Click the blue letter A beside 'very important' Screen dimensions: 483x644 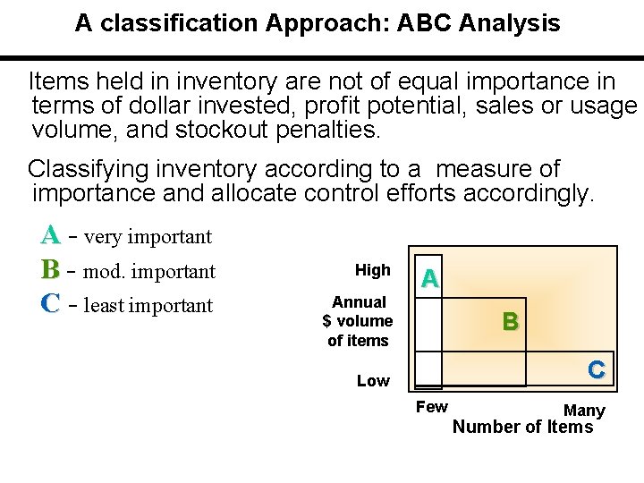pyautogui.click(x=50, y=236)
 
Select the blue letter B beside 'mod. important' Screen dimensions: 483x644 pyautogui.click(x=50, y=270)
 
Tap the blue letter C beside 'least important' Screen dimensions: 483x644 pyautogui.click(x=50, y=304)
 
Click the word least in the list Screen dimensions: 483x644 pyautogui.click(x=105, y=305)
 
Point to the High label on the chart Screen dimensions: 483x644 pyautogui.click(x=372, y=270)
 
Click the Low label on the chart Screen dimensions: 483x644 pyautogui.click(x=373, y=381)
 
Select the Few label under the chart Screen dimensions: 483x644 pyautogui.click(x=432, y=407)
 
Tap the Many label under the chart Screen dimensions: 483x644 pyautogui.click(x=584, y=411)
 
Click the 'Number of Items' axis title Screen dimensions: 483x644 pyautogui.click(x=522, y=427)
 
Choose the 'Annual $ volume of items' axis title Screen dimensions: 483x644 pyautogui.click(x=358, y=321)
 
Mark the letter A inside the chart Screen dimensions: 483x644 pyautogui.click(x=430, y=279)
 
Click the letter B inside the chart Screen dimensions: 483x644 pyautogui.click(x=510, y=322)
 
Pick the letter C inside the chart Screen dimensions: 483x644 pyautogui.click(x=597, y=369)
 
